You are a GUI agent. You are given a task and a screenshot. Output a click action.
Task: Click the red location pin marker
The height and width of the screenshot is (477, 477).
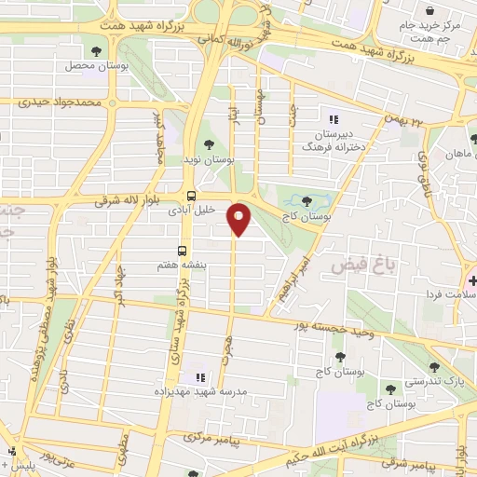(239, 219)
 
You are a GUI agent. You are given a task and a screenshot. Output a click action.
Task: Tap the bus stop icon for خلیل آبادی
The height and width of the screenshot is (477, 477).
(191, 197)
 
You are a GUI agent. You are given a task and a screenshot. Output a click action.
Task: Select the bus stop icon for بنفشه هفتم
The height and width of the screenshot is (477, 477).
(182, 251)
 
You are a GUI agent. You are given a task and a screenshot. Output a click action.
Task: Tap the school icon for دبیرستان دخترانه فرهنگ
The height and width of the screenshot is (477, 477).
(332, 118)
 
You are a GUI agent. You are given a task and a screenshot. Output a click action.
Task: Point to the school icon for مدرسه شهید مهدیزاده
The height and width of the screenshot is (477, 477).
(198, 377)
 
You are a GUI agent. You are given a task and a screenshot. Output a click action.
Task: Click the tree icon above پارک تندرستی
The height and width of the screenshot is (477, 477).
(434, 367)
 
